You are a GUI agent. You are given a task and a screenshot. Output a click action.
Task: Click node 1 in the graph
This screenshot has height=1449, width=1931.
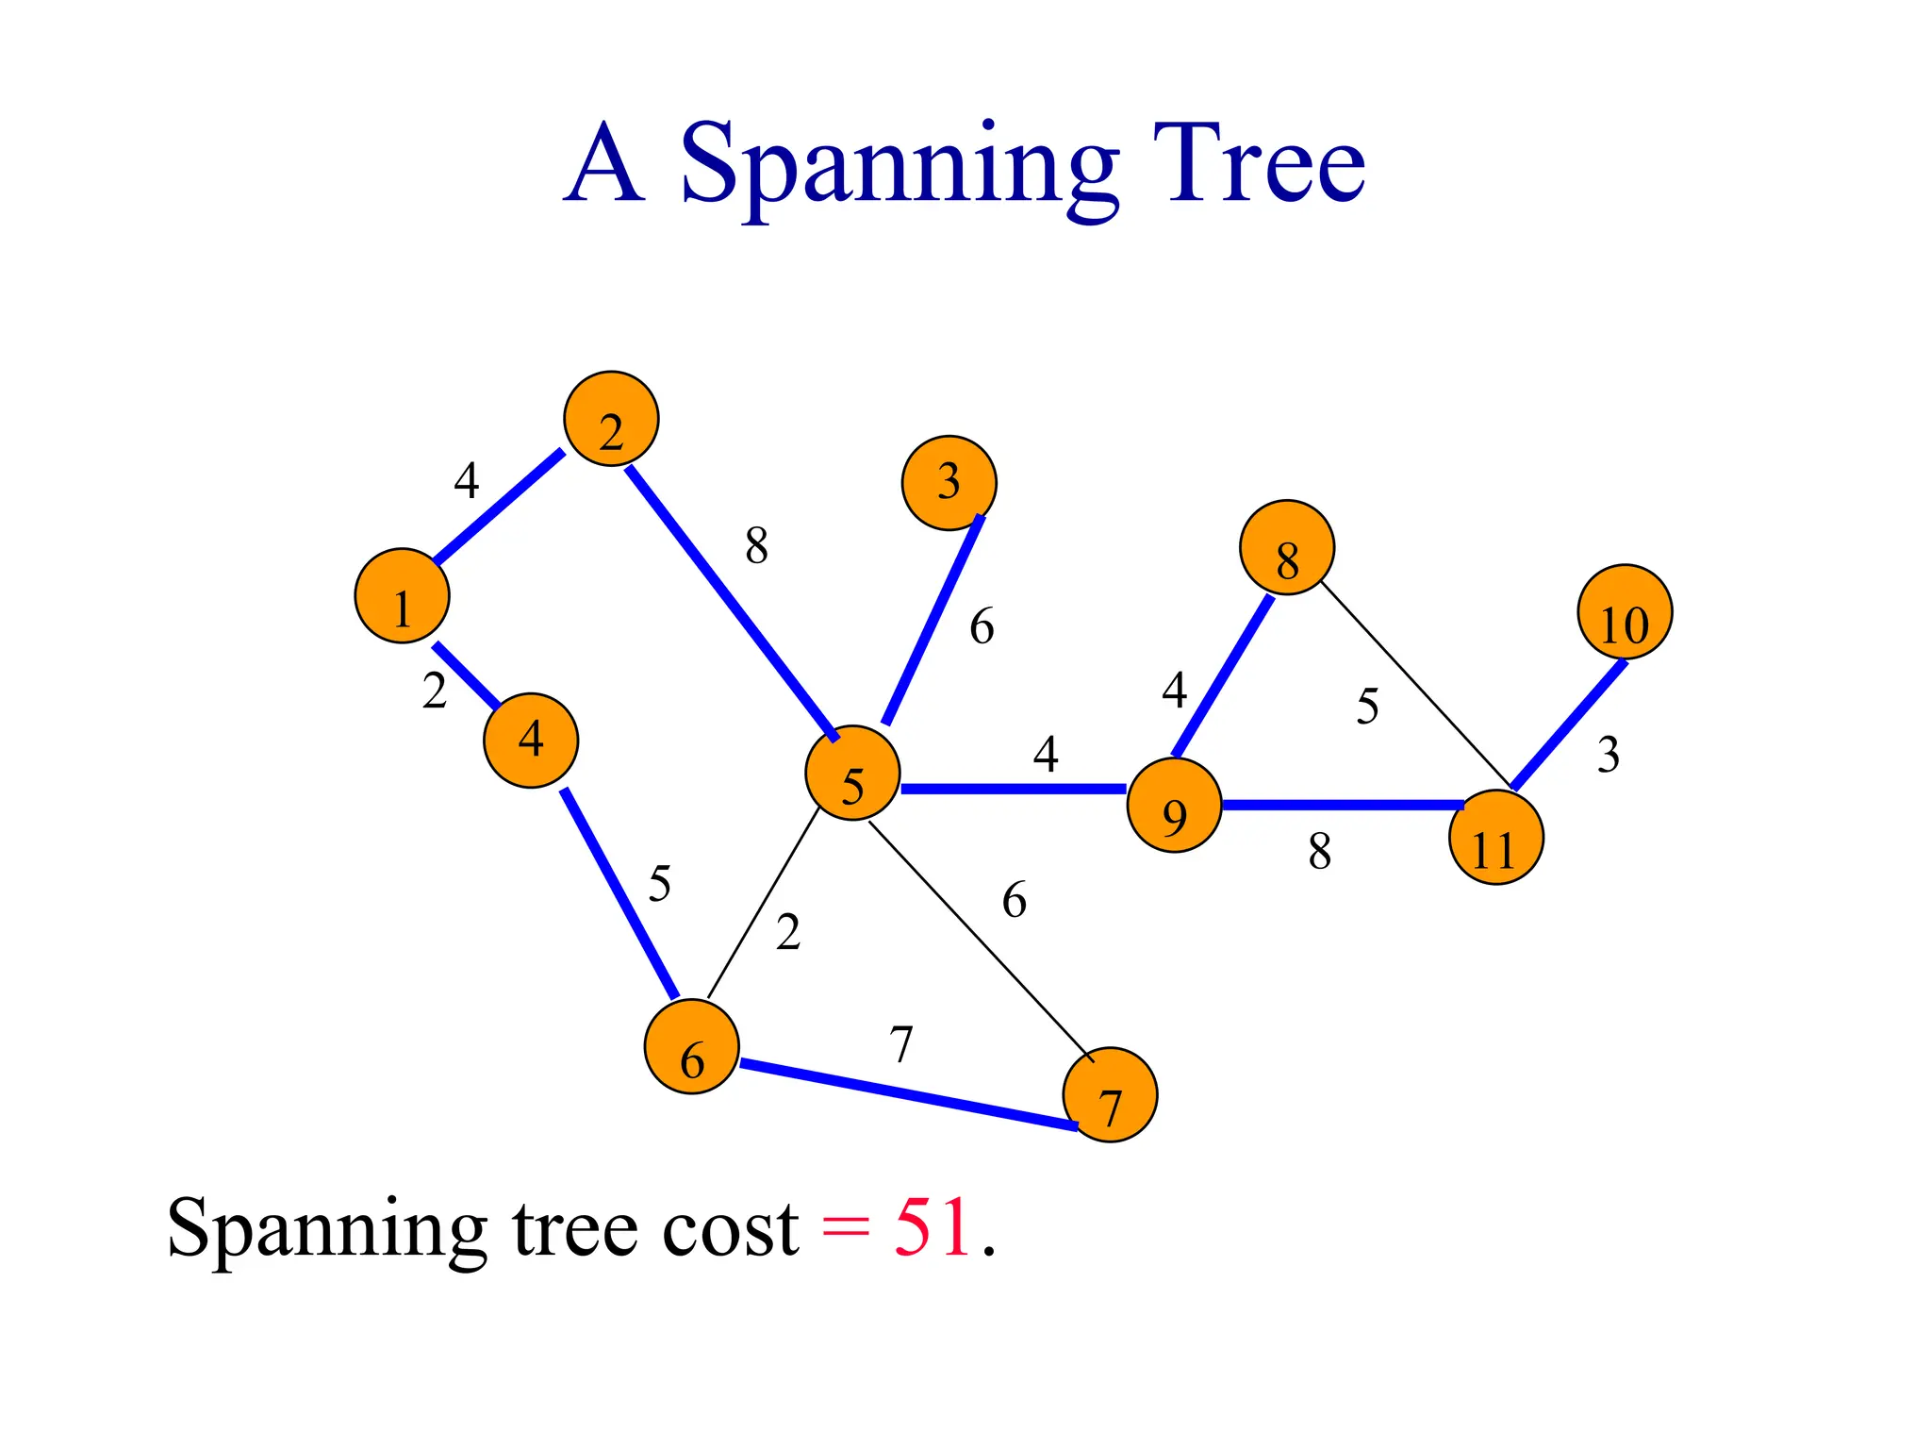pyautogui.click(x=402, y=595)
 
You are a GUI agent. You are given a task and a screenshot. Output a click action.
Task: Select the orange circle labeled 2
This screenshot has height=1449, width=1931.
pyautogui.click(x=611, y=419)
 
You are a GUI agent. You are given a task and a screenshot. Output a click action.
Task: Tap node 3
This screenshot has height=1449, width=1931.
pyautogui.click(x=949, y=482)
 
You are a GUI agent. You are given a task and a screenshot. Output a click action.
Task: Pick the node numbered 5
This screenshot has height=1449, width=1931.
pyautogui.click(x=852, y=773)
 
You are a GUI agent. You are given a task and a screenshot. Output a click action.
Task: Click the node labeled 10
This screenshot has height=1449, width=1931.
pyautogui.click(x=1625, y=612)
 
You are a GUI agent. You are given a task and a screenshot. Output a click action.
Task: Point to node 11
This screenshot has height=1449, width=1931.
pyautogui.click(x=1495, y=837)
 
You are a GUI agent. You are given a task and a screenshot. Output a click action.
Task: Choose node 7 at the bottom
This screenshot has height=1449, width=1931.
pyautogui.click(x=1110, y=1094)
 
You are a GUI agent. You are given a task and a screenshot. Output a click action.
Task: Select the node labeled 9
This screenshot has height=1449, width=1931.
pyautogui.click(x=1174, y=805)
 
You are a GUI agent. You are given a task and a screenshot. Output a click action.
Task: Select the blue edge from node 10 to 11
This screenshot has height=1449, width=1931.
pyautogui.click(x=1570, y=724)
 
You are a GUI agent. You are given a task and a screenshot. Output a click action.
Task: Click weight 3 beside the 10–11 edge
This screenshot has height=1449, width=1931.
pyautogui.click(x=1609, y=755)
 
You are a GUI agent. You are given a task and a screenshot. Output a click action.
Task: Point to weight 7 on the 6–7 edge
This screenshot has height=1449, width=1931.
pyautogui.click(x=901, y=1044)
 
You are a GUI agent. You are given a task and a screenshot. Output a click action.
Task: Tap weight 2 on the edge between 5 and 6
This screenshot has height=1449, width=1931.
pyautogui.click(x=788, y=932)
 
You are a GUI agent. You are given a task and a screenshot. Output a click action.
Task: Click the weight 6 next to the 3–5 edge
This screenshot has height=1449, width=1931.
pyautogui.click(x=982, y=626)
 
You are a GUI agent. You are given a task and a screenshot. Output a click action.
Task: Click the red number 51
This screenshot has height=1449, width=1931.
pyautogui.click(x=932, y=1227)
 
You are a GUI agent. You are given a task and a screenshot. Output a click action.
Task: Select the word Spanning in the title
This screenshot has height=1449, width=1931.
pyautogui.click(x=900, y=165)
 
